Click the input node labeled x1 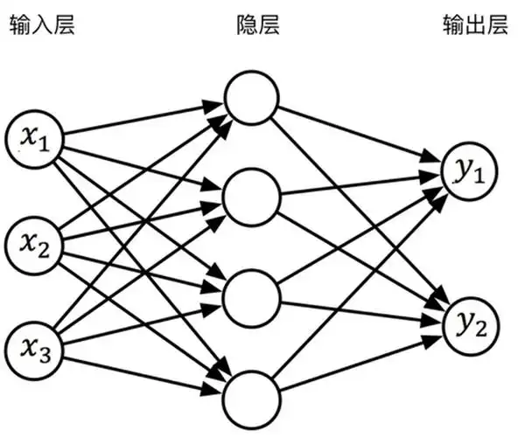pos(34,137)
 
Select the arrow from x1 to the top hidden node pos(140,120)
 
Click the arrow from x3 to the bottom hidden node pos(140,364)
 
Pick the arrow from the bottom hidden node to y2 pos(359,359)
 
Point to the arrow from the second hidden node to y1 pos(359,185)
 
